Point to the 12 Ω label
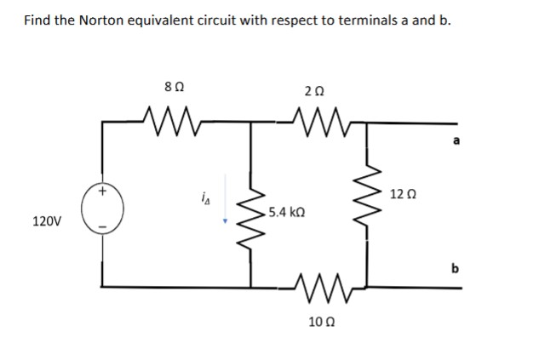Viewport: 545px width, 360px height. [404, 194]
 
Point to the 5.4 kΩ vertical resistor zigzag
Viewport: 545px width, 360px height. [250, 214]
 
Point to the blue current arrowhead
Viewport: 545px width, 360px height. [225, 224]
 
